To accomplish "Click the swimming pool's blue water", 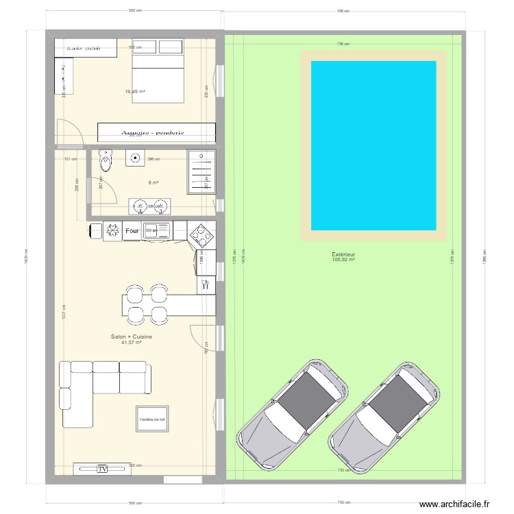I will point(374,145).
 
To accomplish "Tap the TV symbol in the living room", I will point(102,469).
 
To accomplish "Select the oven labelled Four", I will point(132,232).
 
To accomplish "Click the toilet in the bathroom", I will point(105,162).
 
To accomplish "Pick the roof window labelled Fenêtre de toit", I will point(152,419).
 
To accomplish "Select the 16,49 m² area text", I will point(135,91).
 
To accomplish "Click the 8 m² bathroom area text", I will point(153,182).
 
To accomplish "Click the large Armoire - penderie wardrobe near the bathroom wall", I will point(156,132).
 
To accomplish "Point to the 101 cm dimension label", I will point(67,159).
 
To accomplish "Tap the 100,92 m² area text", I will point(343,260).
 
